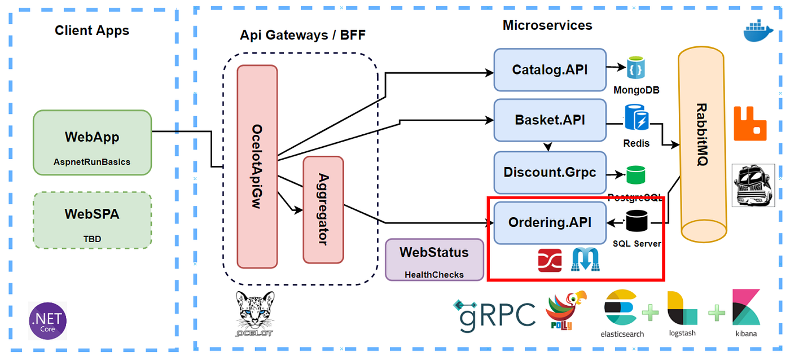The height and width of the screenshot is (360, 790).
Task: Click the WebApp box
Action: click(x=92, y=143)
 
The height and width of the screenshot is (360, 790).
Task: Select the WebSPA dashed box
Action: click(x=92, y=220)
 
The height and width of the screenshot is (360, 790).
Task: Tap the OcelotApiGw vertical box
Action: click(x=257, y=166)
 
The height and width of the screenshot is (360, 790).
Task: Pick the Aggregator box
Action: click(x=323, y=209)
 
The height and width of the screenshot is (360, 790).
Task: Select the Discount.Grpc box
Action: click(x=550, y=172)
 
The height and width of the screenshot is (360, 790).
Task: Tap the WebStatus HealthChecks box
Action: click(x=434, y=260)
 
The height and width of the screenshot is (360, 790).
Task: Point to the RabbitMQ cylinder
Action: click(x=701, y=144)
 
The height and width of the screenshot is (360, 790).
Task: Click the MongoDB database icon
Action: click(x=636, y=68)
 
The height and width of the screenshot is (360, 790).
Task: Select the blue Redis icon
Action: click(x=637, y=117)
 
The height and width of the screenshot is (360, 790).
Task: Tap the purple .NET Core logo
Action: click(x=48, y=320)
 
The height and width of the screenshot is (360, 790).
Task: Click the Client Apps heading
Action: click(x=92, y=30)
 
